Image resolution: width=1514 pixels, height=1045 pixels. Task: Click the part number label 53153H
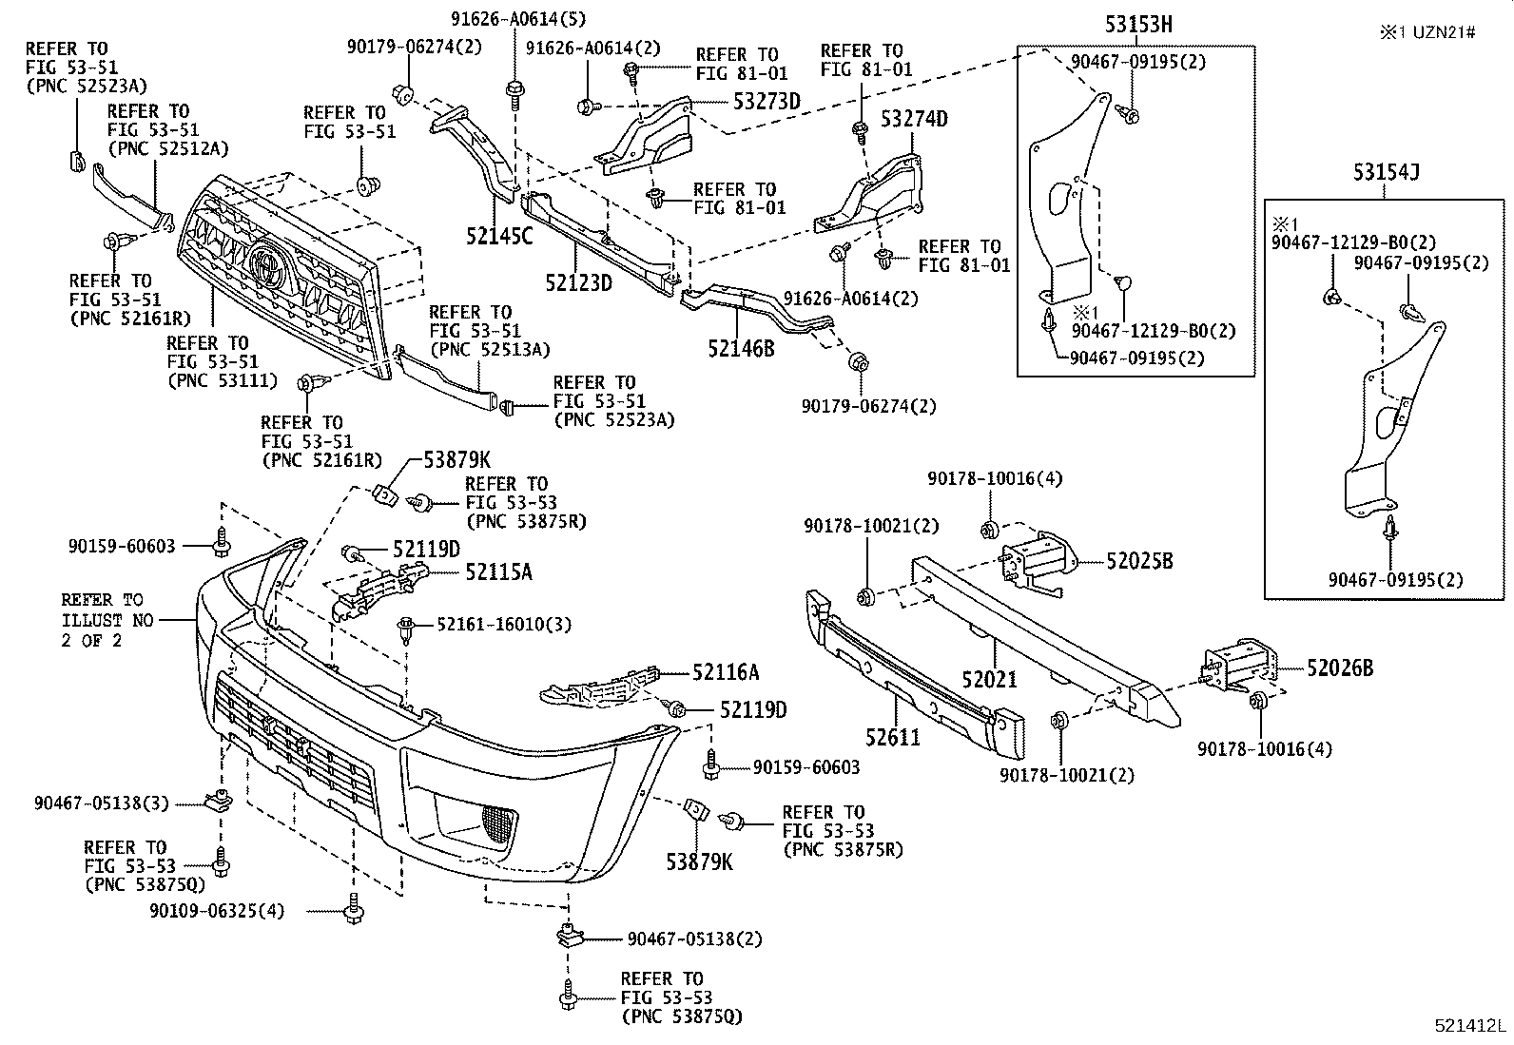coord(1137,26)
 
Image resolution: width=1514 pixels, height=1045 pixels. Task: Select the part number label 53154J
coord(1387,173)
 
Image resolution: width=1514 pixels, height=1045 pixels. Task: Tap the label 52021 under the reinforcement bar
coord(989,679)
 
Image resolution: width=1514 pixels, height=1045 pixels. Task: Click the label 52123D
coord(578,282)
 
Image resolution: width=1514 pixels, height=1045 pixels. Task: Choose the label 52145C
coord(500,237)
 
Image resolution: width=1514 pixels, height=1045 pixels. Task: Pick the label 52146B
coord(741,349)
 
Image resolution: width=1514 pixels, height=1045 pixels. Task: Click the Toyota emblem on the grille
coord(267,261)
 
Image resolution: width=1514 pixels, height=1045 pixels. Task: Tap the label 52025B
coord(1139,562)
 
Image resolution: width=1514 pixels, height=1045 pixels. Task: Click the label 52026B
coord(1339,668)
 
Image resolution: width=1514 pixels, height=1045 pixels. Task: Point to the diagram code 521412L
coord(1470,1027)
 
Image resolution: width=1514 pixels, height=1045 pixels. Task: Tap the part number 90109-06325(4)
coord(217,911)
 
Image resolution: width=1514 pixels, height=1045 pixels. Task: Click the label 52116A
coord(726,673)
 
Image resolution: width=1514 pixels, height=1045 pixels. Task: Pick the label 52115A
coord(498,571)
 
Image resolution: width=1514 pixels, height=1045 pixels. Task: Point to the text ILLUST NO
coord(92,620)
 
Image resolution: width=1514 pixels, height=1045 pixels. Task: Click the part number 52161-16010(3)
coord(504,625)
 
